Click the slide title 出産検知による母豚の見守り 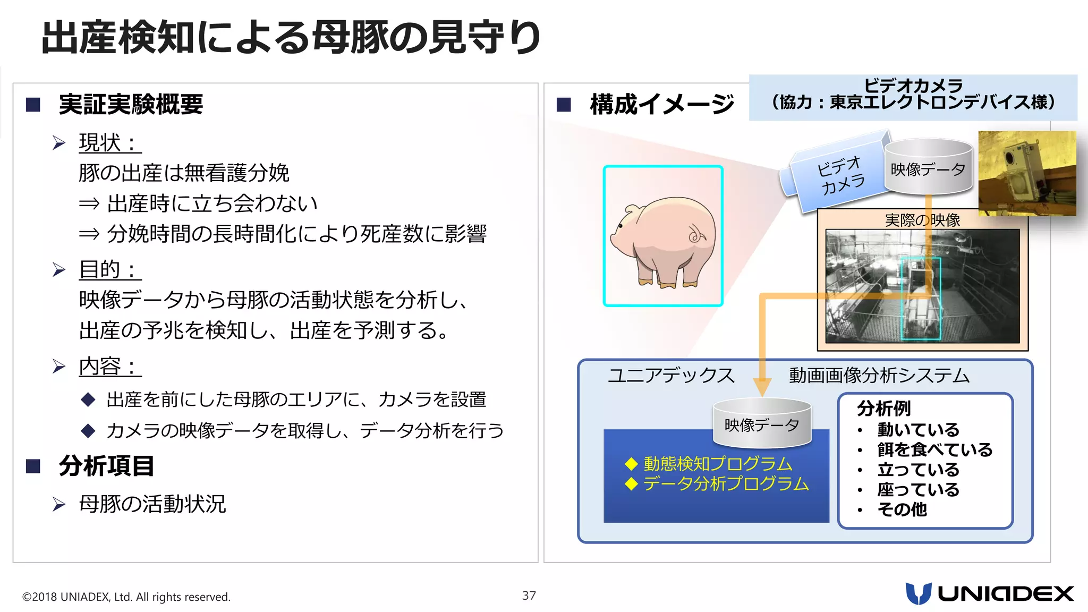pyautogui.click(x=291, y=37)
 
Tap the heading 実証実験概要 pyautogui.click(x=131, y=104)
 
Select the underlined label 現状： pyautogui.click(x=109, y=142)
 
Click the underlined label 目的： pyautogui.click(x=109, y=269)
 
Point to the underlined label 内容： pyautogui.click(x=109, y=367)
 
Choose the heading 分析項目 pyautogui.click(x=106, y=466)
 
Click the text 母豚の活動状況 pyautogui.click(x=152, y=504)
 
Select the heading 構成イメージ pyautogui.click(x=662, y=104)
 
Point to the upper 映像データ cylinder pyautogui.click(x=928, y=167)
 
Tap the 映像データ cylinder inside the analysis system pyautogui.click(x=762, y=423)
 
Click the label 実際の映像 pyautogui.click(x=922, y=219)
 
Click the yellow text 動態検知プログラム pyautogui.click(x=718, y=464)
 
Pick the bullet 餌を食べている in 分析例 pyautogui.click(x=934, y=449)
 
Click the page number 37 pyautogui.click(x=529, y=596)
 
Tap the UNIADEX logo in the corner pyautogui.click(x=989, y=593)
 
